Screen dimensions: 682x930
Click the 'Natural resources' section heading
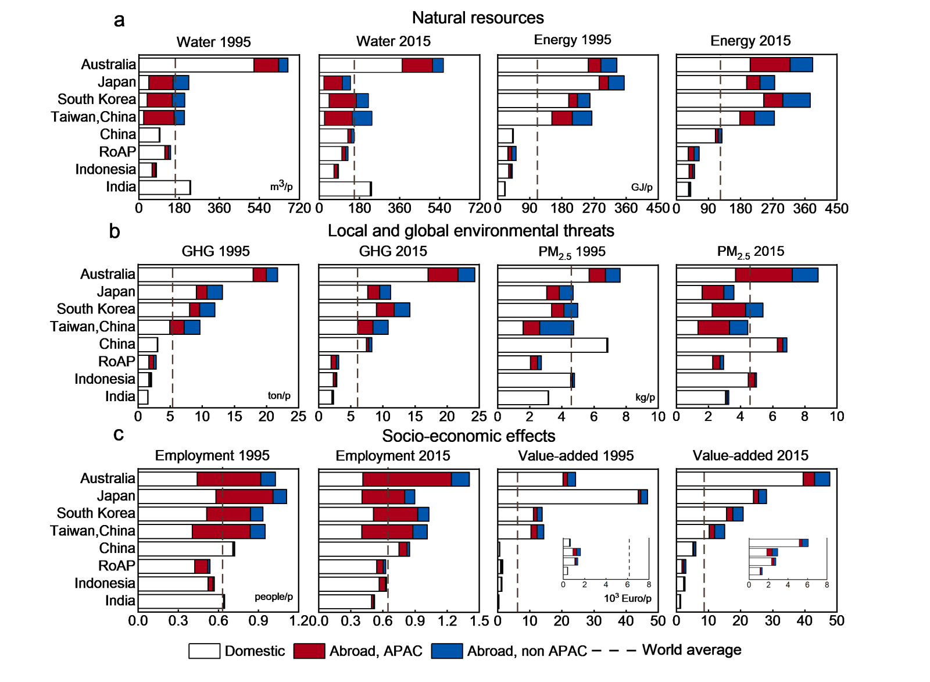click(478, 18)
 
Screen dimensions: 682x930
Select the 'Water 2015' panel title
click(394, 41)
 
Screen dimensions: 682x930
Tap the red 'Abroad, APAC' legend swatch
click(309, 651)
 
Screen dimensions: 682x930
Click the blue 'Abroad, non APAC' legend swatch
click(446, 651)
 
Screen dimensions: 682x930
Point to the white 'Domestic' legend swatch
click(204, 651)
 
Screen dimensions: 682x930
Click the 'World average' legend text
click(692, 650)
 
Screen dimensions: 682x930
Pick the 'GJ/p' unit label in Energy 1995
click(642, 187)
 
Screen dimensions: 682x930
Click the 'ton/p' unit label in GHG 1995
click(279, 396)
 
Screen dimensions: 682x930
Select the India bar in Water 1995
click(164, 187)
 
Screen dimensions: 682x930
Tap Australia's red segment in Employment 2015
click(407, 479)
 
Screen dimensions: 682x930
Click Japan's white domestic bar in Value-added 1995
click(568, 497)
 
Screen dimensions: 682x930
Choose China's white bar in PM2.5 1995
click(552, 345)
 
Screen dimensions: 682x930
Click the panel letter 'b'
click(115, 231)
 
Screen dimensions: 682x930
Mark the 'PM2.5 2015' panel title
click(750, 252)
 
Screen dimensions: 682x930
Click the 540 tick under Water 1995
click(259, 208)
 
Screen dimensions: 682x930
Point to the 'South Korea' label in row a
click(96, 99)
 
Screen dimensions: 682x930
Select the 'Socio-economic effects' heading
click(468, 436)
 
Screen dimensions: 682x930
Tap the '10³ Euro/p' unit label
click(627, 598)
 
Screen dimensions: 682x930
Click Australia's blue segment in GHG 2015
click(466, 275)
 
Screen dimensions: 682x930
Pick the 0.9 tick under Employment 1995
click(258, 621)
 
